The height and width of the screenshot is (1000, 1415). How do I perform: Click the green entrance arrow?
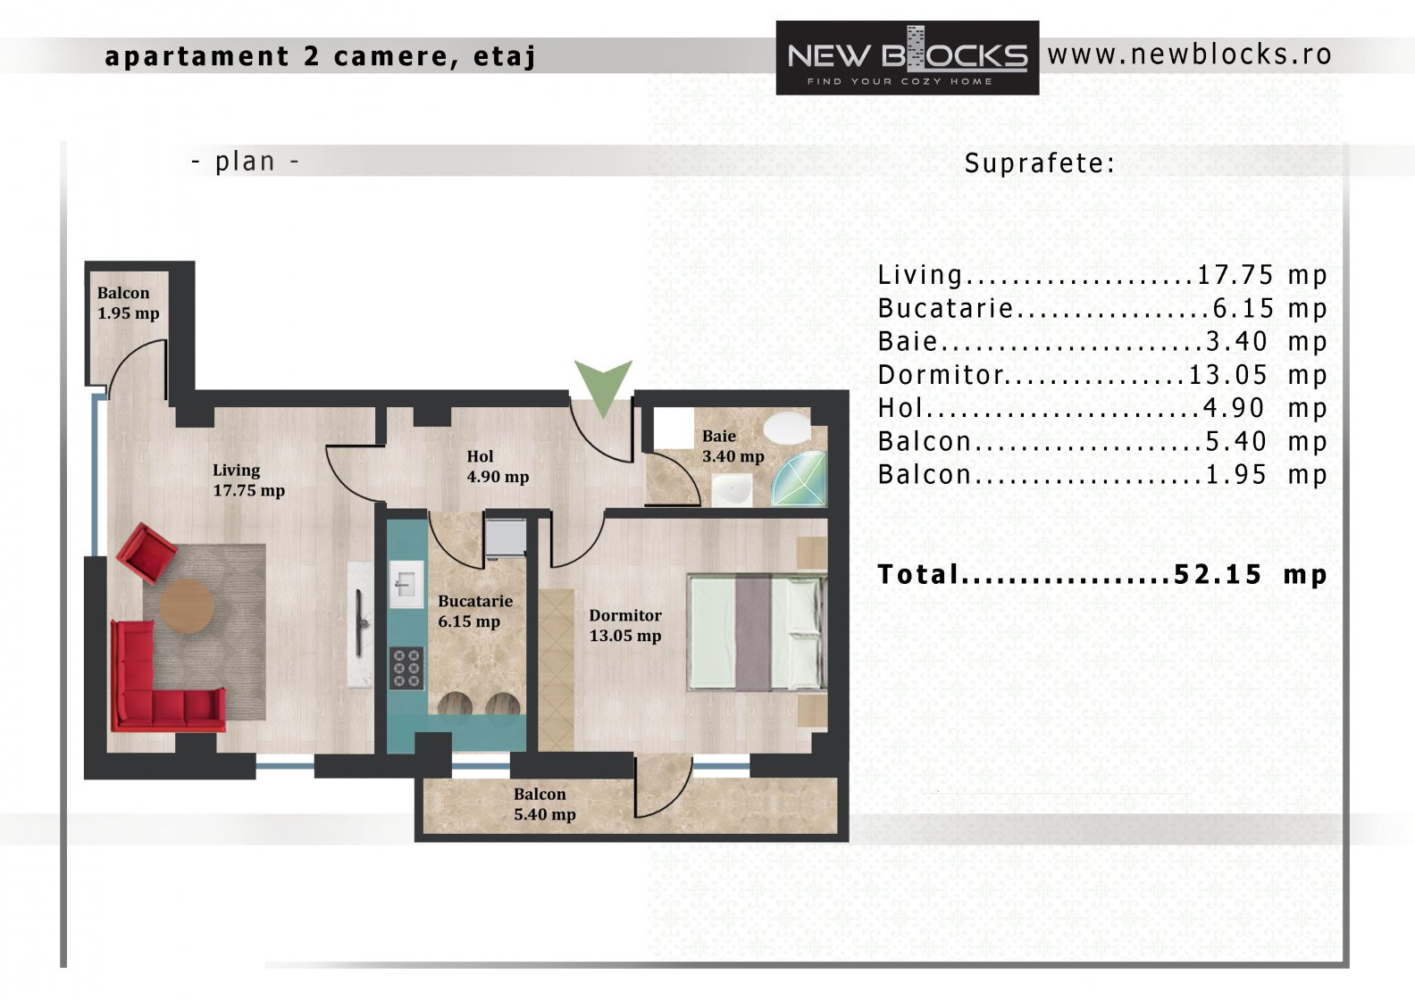[x=603, y=385]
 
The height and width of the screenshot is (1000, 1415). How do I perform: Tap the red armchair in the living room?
[x=146, y=553]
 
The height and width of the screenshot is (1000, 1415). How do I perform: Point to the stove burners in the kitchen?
[x=406, y=668]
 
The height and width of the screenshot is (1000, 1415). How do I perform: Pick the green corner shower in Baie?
[x=800, y=479]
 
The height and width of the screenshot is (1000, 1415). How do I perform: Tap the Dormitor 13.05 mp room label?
[x=625, y=625]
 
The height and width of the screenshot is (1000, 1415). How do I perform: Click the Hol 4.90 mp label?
[x=498, y=467]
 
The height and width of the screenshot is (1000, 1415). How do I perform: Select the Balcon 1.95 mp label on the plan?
[x=129, y=303]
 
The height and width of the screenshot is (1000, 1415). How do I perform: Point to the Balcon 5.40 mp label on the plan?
[x=545, y=804]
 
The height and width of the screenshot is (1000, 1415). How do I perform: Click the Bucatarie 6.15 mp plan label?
[x=475, y=611]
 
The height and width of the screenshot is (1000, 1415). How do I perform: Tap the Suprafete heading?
[x=1040, y=163]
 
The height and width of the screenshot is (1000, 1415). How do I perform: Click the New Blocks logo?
[x=907, y=58]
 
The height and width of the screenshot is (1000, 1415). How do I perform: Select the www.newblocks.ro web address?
[x=1190, y=55]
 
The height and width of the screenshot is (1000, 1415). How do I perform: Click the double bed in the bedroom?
[x=757, y=632]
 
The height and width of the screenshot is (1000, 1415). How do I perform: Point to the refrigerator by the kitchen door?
[x=506, y=537]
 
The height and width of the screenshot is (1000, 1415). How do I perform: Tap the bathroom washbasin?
[x=732, y=490]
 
